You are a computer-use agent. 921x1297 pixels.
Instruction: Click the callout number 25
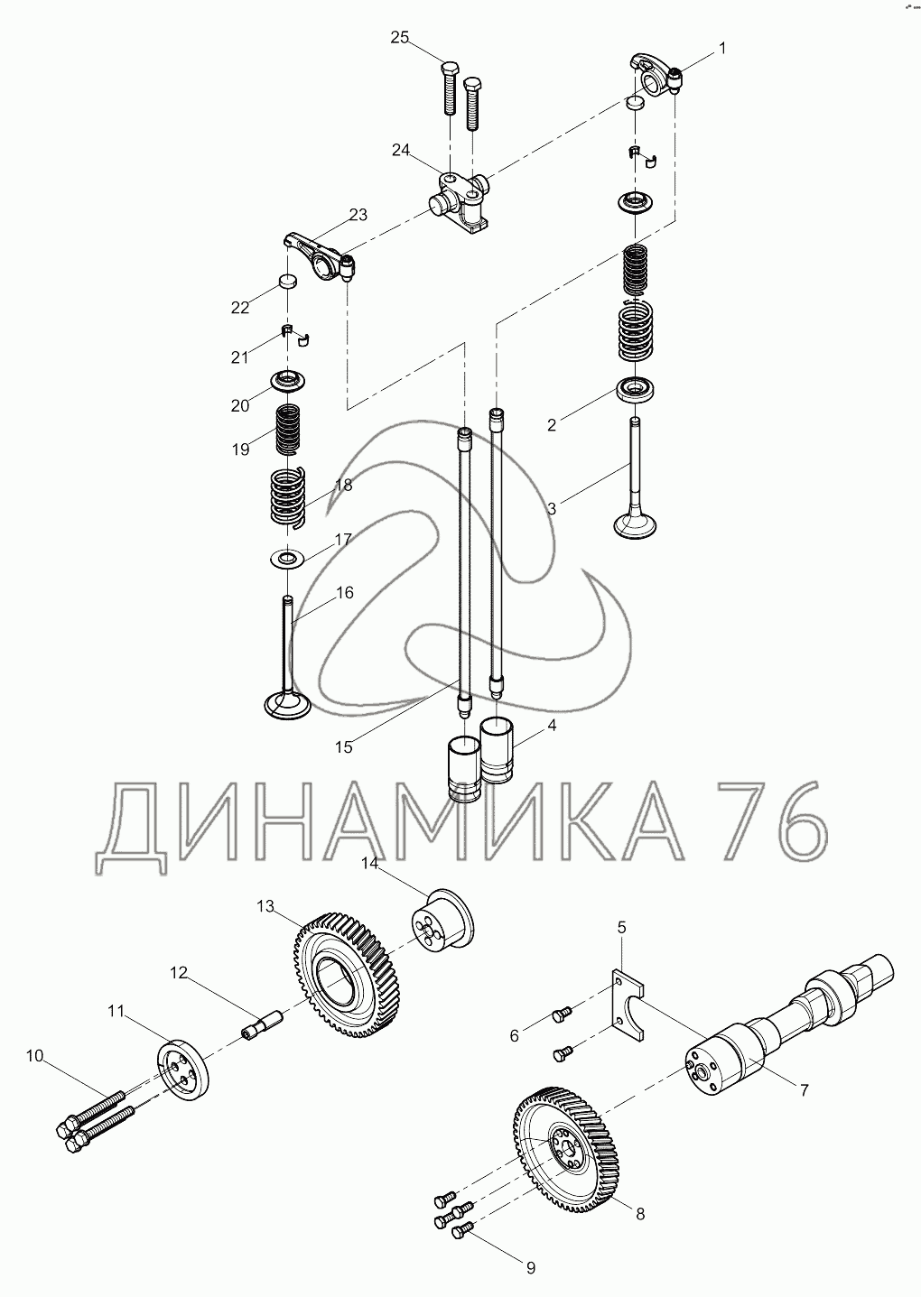pos(400,38)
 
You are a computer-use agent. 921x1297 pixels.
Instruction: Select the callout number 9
pos(531,1268)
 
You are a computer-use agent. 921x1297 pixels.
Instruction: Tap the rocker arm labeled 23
pos(321,255)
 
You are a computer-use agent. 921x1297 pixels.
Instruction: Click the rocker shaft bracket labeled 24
pos(460,202)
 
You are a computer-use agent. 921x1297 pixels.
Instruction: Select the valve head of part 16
pos(287,703)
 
